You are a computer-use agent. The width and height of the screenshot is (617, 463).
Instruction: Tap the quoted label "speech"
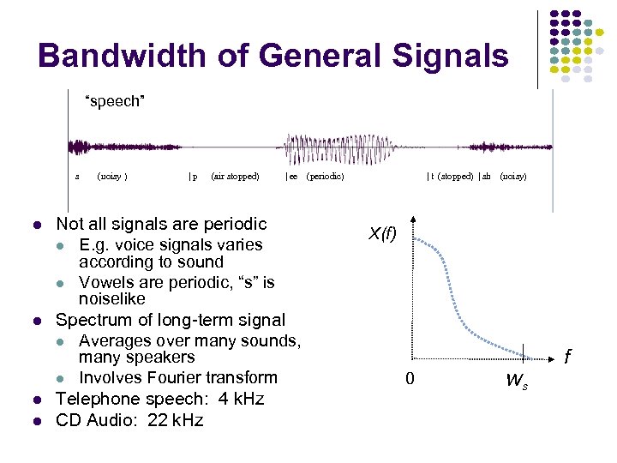pyautogui.click(x=114, y=102)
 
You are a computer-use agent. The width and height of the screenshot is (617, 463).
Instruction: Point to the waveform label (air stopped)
pyautogui.click(x=235, y=177)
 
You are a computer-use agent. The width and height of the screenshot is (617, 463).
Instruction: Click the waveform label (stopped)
pyautogui.click(x=455, y=177)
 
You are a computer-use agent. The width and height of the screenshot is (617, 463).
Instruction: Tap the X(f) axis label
pyautogui.click(x=382, y=233)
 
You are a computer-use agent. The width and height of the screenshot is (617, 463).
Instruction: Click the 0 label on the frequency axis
pyautogui.click(x=409, y=378)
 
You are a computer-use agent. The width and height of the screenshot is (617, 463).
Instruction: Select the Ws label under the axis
pyautogui.click(x=517, y=380)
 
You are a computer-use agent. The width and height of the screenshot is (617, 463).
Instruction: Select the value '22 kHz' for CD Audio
pyautogui.click(x=175, y=420)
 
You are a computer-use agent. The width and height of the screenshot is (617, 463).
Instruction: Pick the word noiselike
pyautogui.click(x=112, y=299)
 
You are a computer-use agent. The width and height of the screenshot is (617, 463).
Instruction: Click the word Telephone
pyautogui.click(x=93, y=399)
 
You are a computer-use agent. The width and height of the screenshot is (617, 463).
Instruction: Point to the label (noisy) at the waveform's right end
pyautogui.click(x=513, y=177)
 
